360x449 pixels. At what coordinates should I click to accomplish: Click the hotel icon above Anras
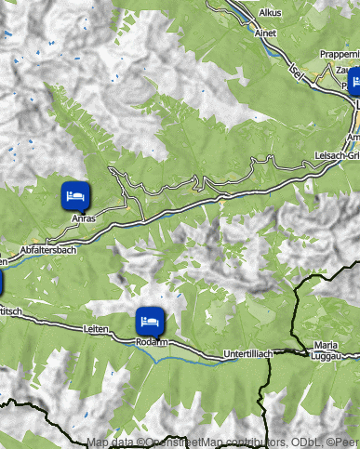coord(75,196)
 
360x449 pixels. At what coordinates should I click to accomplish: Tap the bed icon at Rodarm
coord(150,321)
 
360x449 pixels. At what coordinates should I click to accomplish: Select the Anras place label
coord(85,218)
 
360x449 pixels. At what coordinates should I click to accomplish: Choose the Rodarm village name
coord(151,342)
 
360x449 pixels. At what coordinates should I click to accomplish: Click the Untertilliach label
coord(247,354)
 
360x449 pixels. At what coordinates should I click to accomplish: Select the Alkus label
coord(271,13)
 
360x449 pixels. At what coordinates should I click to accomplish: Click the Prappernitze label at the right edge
coord(339,54)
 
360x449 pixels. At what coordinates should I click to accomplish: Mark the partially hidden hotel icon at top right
coord(353,81)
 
